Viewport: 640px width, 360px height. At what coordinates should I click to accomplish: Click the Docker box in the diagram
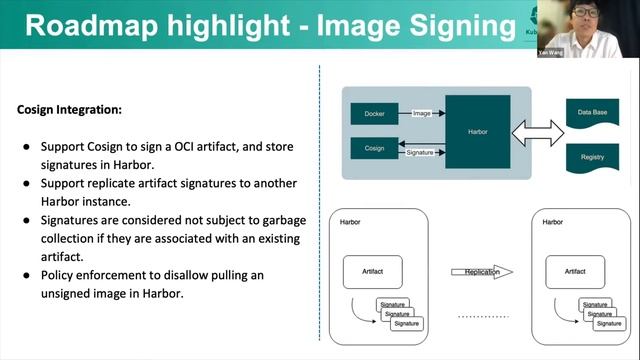coord(375,113)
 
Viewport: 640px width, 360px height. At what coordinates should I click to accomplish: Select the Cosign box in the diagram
coord(375,147)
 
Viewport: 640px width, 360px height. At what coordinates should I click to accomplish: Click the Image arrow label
coord(421,113)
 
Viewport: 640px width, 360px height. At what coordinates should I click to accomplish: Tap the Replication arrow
coord(481,271)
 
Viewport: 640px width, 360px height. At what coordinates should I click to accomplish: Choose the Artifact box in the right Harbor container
coord(575,271)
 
